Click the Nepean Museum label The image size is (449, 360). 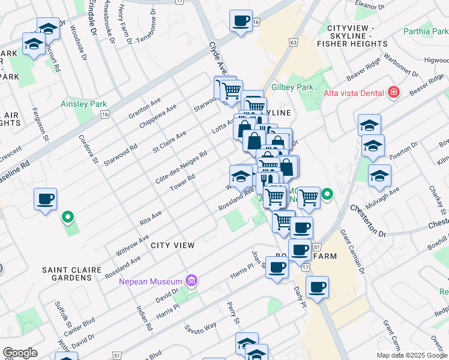(x=150, y=281)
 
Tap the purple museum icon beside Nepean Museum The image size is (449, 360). (x=191, y=280)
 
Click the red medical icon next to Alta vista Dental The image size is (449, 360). (x=393, y=92)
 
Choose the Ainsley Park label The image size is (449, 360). (x=83, y=104)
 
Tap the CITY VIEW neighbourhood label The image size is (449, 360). (x=172, y=245)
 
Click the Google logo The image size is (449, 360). (x=20, y=352)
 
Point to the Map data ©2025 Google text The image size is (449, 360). (x=412, y=355)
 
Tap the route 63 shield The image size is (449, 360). (x=293, y=42)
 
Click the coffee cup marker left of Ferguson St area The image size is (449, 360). (x=46, y=199)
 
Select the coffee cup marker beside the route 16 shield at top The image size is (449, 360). (x=240, y=20)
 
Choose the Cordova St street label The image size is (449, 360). (x=88, y=148)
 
